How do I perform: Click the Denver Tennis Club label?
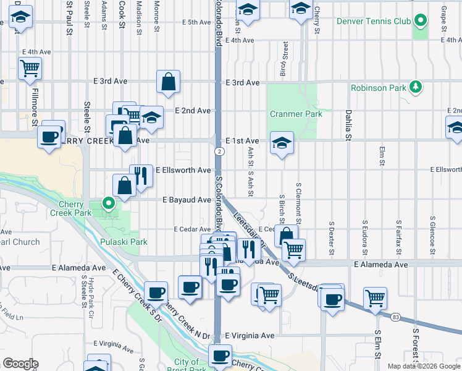coord(374,21)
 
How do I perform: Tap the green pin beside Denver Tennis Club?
coord(421,21)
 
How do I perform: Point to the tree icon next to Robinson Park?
coord(417,87)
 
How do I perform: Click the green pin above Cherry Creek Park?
coord(109,202)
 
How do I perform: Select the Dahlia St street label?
coord(348,124)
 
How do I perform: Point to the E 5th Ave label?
coord(196,22)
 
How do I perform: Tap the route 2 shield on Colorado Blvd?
coord(219,151)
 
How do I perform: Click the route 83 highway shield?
coord(395,317)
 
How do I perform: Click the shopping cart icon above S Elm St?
coord(375,298)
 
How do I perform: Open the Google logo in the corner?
coord(20,364)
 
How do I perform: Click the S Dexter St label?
coord(332,238)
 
